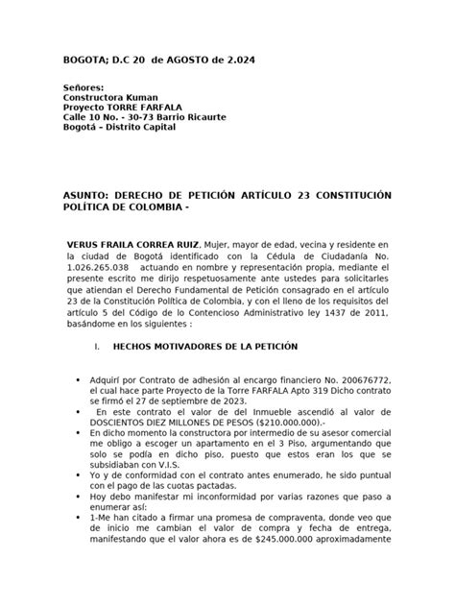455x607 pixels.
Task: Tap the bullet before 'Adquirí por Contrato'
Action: click(77, 381)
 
